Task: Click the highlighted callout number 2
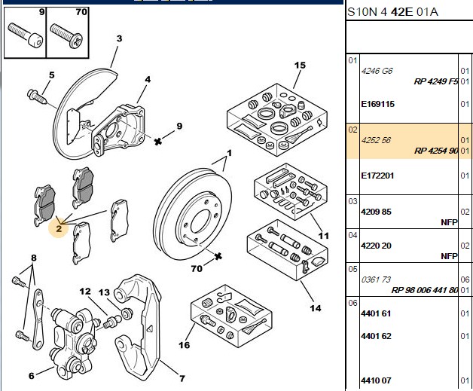[59, 228]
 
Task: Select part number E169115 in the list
[377, 104]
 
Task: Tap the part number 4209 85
[376, 212]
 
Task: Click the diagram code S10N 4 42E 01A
[392, 12]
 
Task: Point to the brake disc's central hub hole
[201, 221]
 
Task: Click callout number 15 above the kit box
[300, 65]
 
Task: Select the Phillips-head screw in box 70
[66, 36]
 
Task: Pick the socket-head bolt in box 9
[26, 35]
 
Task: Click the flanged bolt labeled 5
[37, 96]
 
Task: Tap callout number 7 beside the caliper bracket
[182, 378]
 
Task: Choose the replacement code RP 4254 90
[436, 151]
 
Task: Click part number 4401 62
[376, 336]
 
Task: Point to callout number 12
[85, 292]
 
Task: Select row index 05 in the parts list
[352, 269]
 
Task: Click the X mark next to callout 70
[218, 257]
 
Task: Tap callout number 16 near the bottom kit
[184, 345]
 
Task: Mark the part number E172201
[377, 176]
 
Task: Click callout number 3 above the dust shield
[120, 38]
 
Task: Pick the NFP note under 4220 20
[449, 256]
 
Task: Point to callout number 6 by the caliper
[32, 376]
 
